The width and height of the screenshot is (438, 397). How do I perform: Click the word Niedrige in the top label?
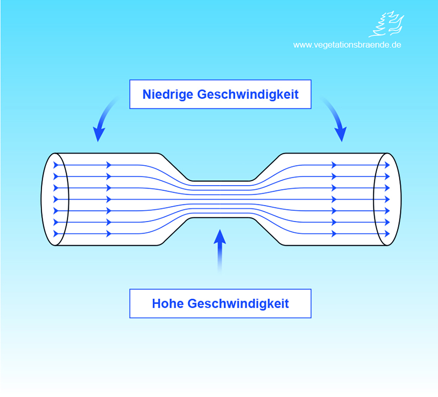pos(168,94)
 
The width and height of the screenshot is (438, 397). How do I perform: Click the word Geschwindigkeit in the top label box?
pos(248,94)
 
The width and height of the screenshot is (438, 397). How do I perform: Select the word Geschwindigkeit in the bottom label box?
pos(238,304)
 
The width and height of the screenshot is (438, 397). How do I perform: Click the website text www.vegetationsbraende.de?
pos(347,45)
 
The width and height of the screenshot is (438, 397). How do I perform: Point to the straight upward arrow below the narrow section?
pos(220,248)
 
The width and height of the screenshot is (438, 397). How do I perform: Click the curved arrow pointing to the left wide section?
pos(102,121)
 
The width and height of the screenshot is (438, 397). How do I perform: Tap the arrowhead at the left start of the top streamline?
pos(56,165)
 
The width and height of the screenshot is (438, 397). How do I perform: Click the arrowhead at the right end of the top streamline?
pos(387,165)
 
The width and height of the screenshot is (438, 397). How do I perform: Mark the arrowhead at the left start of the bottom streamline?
pos(56,233)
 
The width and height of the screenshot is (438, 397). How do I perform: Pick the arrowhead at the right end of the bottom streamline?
pos(387,233)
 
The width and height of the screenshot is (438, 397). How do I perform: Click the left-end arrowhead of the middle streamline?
pos(56,199)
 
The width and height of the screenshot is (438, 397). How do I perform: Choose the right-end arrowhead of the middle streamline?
pos(387,199)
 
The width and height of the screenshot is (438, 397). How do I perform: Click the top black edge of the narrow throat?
pos(221,181)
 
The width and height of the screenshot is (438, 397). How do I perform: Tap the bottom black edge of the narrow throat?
pos(221,218)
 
